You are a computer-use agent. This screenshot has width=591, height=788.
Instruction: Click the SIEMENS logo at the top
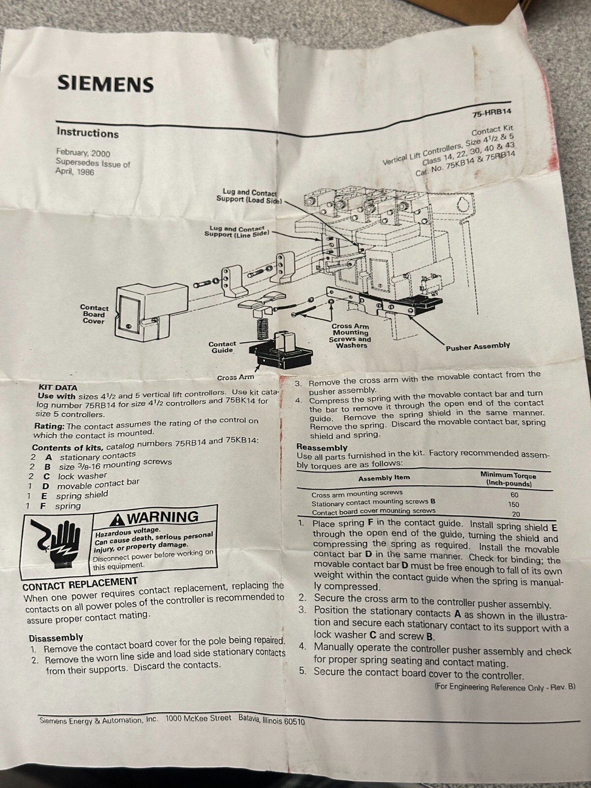tap(105, 84)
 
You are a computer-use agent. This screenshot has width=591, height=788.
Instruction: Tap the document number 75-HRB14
tap(492, 113)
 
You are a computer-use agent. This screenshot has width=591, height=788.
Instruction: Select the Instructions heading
tap(88, 133)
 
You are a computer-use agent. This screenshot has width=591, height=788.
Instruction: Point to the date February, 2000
tap(83, 153)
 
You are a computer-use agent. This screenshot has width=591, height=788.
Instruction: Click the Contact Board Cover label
tap(95, 314)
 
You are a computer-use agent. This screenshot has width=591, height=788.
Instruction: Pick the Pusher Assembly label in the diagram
tap(478, 347)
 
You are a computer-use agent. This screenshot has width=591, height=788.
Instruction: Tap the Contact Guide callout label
tap(223, 347)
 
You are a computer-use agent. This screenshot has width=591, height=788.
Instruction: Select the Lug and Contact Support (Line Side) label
tap(237, 231)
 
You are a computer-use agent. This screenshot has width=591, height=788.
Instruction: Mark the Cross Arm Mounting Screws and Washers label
tap(350, 336)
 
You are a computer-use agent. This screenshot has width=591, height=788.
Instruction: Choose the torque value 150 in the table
tap(514, 504)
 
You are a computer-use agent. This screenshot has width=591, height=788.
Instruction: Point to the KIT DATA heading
tap(58, 388)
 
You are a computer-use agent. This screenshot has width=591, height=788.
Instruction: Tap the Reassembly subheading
tap(322, 447)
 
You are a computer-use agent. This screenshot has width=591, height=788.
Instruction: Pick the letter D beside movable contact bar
tap(46, 487)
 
